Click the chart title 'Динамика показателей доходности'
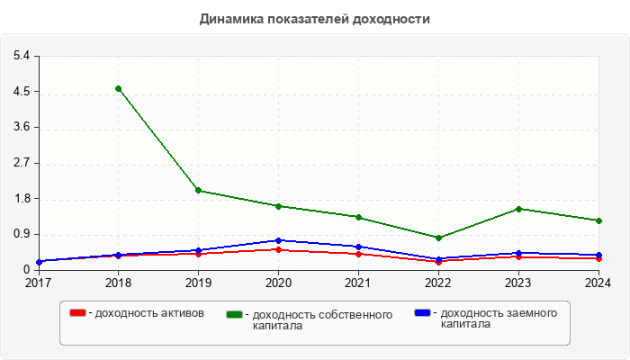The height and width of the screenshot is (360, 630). (x=315, y=18)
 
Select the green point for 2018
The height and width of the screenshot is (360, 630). (x=118, y=88)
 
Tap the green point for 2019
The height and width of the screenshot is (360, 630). (x=198, y=190)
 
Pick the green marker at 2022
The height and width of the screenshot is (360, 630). (x=438, y=238)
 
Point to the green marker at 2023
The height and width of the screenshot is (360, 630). (x=518, y=209)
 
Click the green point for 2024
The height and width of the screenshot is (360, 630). (x=598, y=220)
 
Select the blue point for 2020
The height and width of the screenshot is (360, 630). (x=278, y=240)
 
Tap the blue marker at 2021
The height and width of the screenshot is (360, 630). (x=358, y=247)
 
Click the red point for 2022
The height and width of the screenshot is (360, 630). (x=438, y=262)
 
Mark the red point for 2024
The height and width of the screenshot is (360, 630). (x=598, y=258)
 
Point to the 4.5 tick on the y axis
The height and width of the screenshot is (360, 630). (x=22, y=92)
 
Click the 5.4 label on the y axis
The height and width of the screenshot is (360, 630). (x=22, y=56)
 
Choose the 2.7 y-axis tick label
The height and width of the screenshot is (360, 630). (x=22, y=163)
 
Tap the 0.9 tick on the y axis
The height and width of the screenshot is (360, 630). (x=22, y=234)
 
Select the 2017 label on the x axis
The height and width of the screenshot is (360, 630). (x=38, y=283)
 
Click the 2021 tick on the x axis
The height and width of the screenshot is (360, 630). (x=358, y=283)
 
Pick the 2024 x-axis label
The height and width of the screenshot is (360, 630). (x=598, y=283)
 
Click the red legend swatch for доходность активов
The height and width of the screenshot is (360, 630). (x=78, y=313)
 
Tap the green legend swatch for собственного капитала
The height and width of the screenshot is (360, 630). (x=236, y=314)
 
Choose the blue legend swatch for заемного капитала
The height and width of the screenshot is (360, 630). (x=422, y=313)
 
